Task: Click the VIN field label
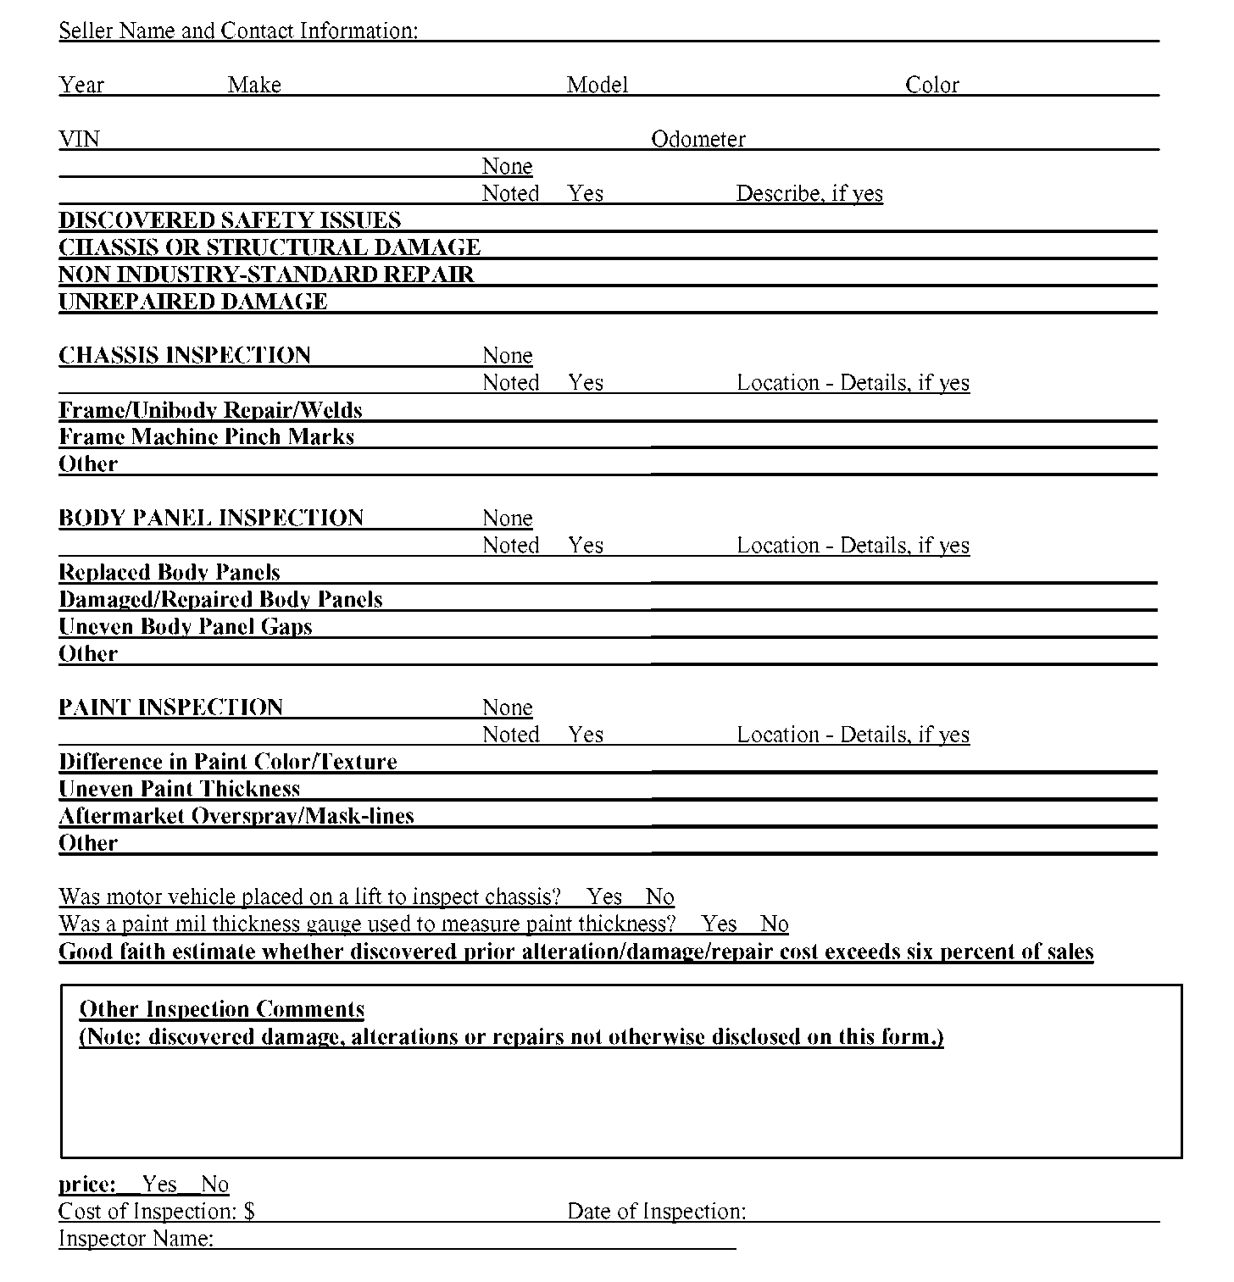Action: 79,139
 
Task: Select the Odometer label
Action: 698,139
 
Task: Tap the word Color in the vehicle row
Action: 931,85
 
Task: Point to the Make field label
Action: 254,85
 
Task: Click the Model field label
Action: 598,85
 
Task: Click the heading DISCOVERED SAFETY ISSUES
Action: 230,220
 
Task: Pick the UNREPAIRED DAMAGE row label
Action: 193,302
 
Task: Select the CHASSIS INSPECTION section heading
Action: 185,355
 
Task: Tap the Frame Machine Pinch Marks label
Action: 207,437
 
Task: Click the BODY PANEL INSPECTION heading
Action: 211,518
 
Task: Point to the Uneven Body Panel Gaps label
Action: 186,627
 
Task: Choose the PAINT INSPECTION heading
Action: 171,708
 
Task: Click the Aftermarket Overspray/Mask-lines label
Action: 236,816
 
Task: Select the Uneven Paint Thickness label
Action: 180,789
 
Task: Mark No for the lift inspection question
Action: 659,896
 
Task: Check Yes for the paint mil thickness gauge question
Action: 719,924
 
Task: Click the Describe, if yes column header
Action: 809,193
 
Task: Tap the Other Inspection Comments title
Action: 222,1009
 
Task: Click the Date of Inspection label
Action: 657,1212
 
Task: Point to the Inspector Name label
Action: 136,1239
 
